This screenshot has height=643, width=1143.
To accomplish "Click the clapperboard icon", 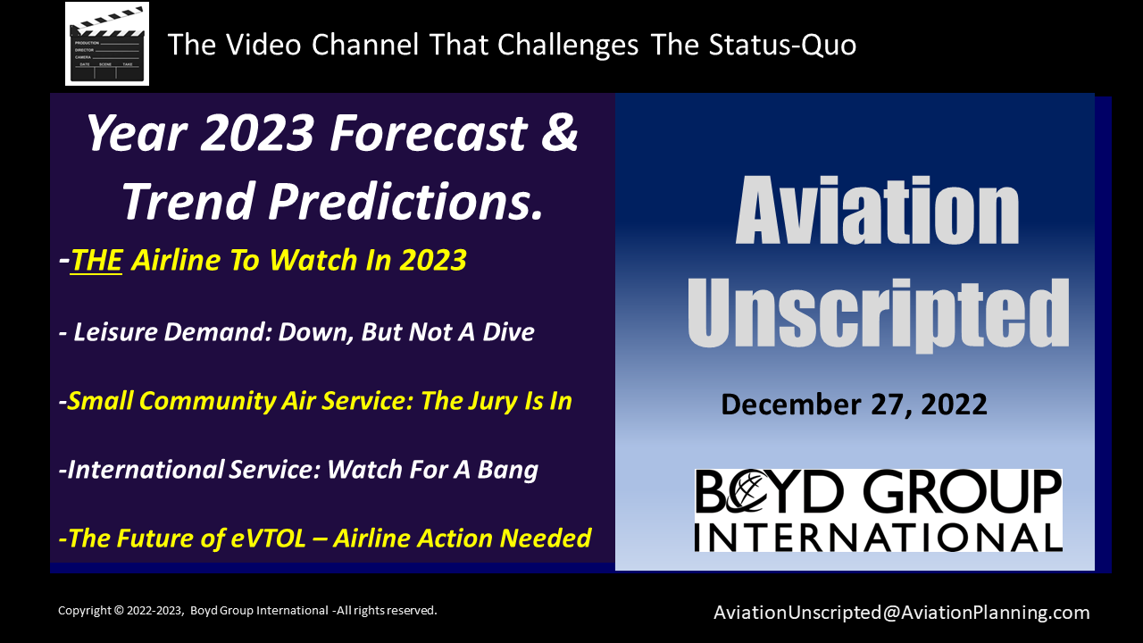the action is click(107, 44).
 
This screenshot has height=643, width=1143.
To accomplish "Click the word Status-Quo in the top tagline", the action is click(782, 45).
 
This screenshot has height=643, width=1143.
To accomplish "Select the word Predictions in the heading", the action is click(405, 202).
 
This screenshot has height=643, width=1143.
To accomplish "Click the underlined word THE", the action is click(96, 260).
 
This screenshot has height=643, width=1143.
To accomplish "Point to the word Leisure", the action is click(116, 331).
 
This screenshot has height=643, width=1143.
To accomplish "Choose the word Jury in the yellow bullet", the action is click(487, 402).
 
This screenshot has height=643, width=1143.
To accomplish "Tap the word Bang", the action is click(508, 471).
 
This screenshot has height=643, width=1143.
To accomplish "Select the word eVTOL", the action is click(269, 538).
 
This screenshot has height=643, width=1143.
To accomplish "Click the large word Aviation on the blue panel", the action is click(877, 210).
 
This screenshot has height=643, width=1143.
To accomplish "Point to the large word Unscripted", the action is click(878, 313).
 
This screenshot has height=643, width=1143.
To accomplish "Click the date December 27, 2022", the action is click(854, 405).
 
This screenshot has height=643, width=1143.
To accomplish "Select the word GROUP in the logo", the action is click(963, 491).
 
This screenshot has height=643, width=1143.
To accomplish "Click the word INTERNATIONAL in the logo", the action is click(878, 538).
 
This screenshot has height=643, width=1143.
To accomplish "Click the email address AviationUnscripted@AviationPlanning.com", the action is click(901, 613).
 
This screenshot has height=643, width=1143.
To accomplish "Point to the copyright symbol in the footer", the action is click(119, 610).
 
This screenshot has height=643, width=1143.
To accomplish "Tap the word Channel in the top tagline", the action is click(365, 45).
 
